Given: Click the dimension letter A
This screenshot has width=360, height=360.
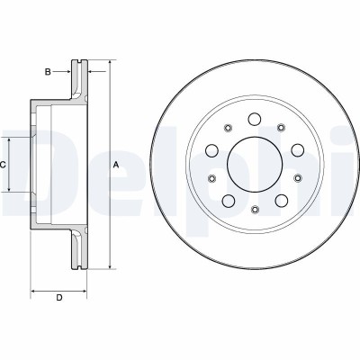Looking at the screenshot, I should [x=114, y=166].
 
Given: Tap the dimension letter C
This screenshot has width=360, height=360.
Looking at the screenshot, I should [x=4, y=165].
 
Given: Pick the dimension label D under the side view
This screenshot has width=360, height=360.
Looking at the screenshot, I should [x=59, y=299].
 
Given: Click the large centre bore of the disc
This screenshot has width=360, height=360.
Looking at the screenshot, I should [x=255, y=166].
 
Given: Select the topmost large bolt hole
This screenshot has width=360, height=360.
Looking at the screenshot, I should [x=255, y=119].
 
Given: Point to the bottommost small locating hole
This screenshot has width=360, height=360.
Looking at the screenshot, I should [x=255, y=211].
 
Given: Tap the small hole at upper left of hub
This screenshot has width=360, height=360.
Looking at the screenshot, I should [x=229, y=129].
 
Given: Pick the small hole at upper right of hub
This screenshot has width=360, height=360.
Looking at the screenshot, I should [x=281, y=129].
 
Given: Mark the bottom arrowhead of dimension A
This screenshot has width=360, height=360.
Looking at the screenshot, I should [x=110, y=267].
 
